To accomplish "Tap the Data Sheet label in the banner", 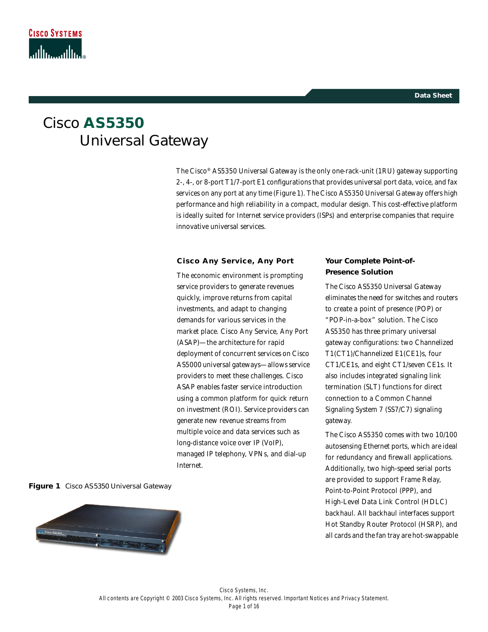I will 433,96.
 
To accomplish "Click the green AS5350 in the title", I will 114,123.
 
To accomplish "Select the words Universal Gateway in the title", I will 144,141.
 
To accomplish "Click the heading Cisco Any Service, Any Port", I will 235,261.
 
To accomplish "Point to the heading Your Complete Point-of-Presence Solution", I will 370,266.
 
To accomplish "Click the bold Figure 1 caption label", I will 44,486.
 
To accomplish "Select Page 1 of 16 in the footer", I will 244,606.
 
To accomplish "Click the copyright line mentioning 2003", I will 244,598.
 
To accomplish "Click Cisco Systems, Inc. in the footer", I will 244,590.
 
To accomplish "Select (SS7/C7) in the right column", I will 398,410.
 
